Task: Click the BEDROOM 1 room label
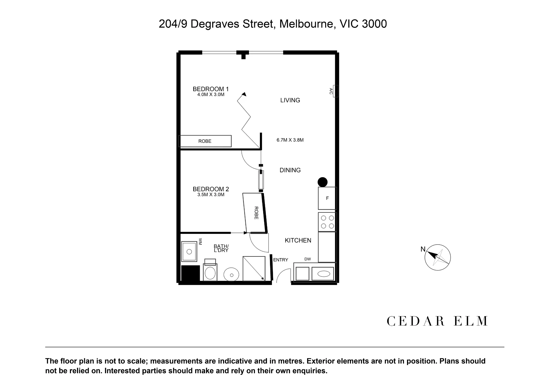pyautogui.click(x=211, y=89)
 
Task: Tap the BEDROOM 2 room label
pyautogui.click(x=211, y=189)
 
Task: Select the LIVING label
pyautogui.click(x=290, y=100)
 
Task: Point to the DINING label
pyautogui.click(x=290, y=170)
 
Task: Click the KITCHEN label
pyautogui.click(x=298, y=240)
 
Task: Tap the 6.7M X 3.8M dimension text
pyautogui.click(x=290, y=140)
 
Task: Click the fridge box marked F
pyautogui.click(x=327, y=198)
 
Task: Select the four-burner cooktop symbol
pyautogui.click(x=327, y=222)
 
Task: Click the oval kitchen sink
pyautogui.click(x=324, y=273)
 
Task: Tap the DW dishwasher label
pyautogui.click(x=308, y=259)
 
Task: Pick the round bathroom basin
pyautogui.click(x=232, y=275)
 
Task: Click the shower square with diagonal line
pyautogui.click(x=254, y=269)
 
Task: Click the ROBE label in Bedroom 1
pyautogui.click(x=205, y=141)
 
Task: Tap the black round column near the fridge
pyautogui.click(x=322, y=182)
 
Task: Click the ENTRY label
pyautogui.click(x=281, y=260)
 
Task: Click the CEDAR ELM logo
pyautogui.click(x=437, y=321)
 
